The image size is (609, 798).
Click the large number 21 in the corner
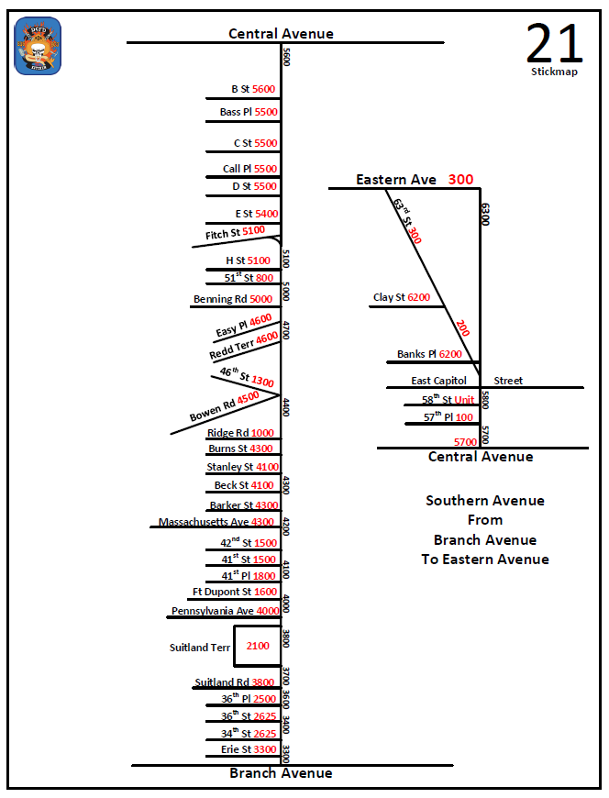point(555,42)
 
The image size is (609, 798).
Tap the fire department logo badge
point(39,47)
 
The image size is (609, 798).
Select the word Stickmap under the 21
point(554,72)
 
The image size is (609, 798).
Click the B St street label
point(241,89)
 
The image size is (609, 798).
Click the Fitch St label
point(223,234)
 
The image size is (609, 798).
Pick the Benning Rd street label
point(220,299)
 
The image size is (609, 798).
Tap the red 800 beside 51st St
point(264,277)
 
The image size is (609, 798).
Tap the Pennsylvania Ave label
point(212,611)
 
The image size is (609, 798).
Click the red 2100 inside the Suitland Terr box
point(258,646)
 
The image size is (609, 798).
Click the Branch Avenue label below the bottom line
point(281,773)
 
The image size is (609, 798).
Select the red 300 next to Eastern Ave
point(460,180)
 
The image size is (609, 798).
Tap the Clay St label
point(389,297)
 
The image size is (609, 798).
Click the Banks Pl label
point(417,354)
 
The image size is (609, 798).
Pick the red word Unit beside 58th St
point(465,400)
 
